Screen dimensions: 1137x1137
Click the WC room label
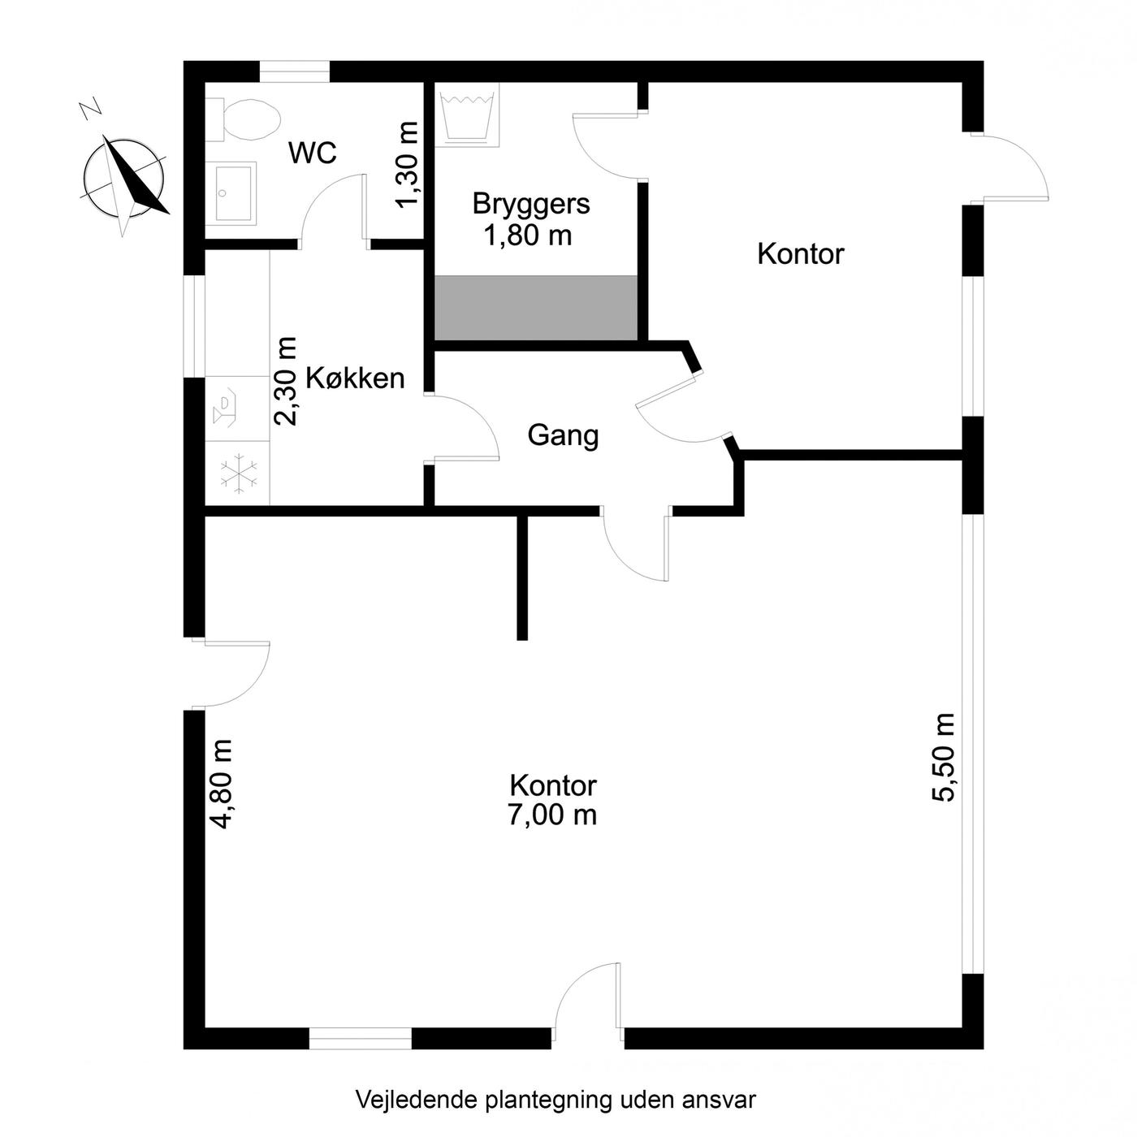(x=312, y=153)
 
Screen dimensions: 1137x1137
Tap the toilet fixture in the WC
(x=243, y=119)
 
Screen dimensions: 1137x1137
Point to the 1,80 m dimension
(x=528, y=236)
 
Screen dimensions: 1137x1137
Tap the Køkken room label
(x=355, y=378)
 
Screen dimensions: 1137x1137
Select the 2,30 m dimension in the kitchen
(x=286, y=381)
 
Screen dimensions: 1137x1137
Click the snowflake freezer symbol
(x=239, y=473)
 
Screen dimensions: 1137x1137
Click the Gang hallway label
(x=563, y=436)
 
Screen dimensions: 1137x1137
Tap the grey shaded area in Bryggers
(x=536, y=308)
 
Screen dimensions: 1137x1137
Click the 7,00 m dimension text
(x=552, y=815)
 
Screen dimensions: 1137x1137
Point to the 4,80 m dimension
(x=221, y=785)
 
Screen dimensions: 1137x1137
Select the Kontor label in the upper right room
(x=801, y=254)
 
